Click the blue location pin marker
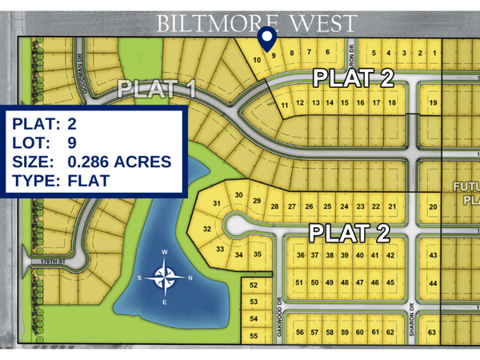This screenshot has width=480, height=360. click(267, 37)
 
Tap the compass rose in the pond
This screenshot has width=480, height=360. click(166, 278)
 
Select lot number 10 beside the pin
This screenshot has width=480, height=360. click(257, 60)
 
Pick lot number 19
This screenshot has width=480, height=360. click(433, 103)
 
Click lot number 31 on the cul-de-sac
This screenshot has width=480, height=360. click(216, 205)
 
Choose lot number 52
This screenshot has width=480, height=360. click(254, 286)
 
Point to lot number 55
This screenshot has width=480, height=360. click(254, 336)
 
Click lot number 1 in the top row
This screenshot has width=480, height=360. click(434, 54)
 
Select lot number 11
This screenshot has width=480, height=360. click(285, 105)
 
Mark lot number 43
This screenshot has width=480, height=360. click(433, 255)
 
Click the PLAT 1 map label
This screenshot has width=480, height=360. click(157, 90)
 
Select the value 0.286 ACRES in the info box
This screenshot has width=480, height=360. click(119, 162)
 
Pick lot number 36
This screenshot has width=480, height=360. click(301, 255)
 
